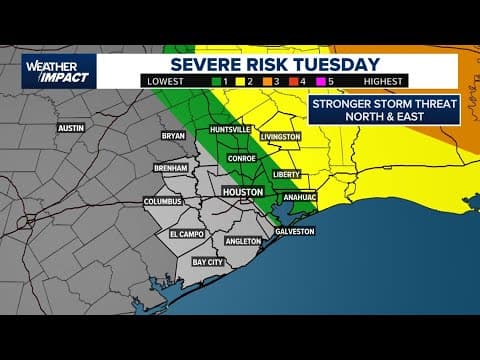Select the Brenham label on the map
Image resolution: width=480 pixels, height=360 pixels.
[x=171, y=168]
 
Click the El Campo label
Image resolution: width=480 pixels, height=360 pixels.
[x=186, y=233]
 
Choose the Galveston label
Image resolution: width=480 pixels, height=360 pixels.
[x=294, y=231]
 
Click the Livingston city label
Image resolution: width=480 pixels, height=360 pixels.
[x=281, y=136]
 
